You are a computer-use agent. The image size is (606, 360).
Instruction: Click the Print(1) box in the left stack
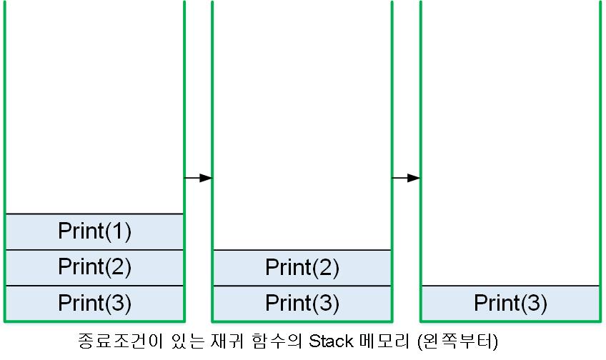(94, 231)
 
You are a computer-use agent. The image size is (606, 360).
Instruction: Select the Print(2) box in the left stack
(94, 267)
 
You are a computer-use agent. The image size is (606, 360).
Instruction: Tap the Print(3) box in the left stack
(94, 303)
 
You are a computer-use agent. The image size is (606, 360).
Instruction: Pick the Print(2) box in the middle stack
(302, 268)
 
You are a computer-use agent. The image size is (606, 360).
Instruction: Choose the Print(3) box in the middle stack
(302, 303)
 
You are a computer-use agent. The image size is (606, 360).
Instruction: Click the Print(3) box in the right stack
(510, 303)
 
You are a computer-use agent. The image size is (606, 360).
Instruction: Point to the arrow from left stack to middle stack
(198, 177)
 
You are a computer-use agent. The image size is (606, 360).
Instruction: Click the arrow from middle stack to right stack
(405, 177)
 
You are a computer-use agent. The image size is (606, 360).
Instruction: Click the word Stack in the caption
(329, 341)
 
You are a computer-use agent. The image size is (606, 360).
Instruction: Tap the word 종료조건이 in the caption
(111, 341)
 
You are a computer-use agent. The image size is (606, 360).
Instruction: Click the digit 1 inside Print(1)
(118, 231)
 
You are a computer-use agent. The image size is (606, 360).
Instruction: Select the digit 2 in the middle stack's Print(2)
(326, 268)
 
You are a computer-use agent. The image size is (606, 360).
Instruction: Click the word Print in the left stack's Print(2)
(81, 267)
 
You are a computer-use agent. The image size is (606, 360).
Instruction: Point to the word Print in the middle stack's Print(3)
(288, 303)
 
